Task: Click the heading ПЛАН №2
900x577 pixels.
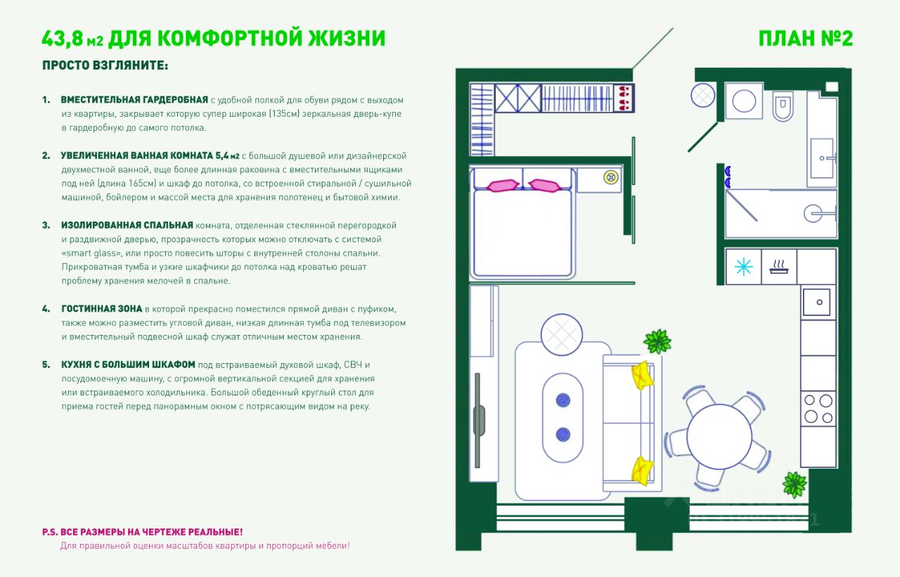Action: pyautogui.click(x=806, y=38)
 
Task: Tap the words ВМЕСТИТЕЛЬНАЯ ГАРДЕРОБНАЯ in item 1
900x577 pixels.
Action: pyautogui.click(x=134, y=100)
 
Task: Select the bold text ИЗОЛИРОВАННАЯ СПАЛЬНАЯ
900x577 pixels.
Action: pyautogui.click(x=127, y=225)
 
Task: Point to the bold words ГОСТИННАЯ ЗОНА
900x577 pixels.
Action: pyautogui.click(x=101, y=309)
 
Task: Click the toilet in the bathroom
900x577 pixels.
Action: pyautogui.click(x=782, y=106)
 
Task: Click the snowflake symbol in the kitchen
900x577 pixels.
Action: pyautogui.click(x=743, y=267)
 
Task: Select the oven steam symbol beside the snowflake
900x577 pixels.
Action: pyautogui.click(x=779, y=267)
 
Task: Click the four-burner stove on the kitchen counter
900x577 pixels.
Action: pyautogui.click(x=818, y=407)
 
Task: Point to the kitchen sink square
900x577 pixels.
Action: pyautogui.click(x=818, y=302)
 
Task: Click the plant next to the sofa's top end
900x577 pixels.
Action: pyautogui.click(x=657, y=342)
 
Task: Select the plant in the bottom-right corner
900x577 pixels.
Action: pyautogui.click(x=795, y=484)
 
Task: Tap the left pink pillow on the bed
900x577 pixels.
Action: pyautogui.click(x=503, y=186)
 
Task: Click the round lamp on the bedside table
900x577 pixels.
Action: pyautogui.click(x=609, y=177)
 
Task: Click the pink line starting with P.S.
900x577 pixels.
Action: pyautogui.click(x=142, y=532)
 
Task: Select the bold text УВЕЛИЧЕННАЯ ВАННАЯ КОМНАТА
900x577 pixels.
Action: pyautogui.click(x=150, y=156)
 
